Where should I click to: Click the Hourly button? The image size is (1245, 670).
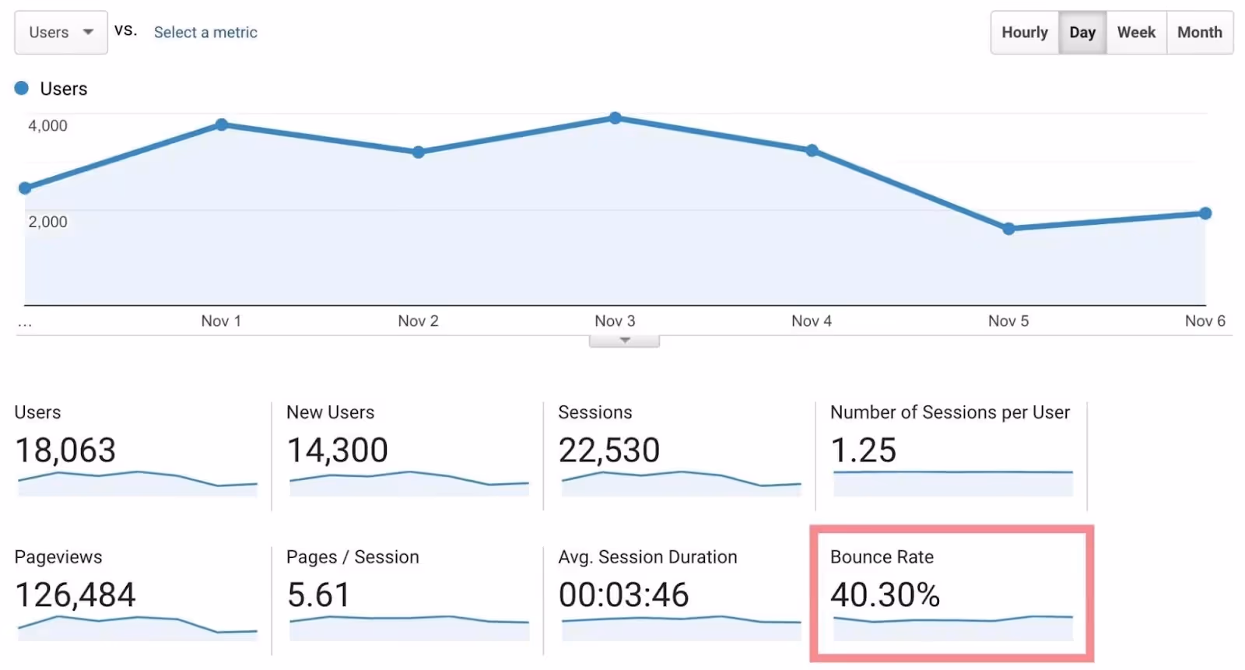1024,33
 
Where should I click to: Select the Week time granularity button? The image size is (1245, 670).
1136,33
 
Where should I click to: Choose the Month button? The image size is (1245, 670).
1199,33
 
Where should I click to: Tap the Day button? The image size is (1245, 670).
1082,33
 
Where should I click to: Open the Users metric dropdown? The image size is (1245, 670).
61,33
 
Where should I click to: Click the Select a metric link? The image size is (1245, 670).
205,33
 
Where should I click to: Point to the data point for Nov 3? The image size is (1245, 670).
615,118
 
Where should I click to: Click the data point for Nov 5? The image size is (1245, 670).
1008,229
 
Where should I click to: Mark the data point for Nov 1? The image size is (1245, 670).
222,125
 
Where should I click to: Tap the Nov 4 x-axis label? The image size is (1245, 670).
812,321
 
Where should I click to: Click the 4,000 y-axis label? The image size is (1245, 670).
47,125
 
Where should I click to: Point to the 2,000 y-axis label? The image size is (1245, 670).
47,222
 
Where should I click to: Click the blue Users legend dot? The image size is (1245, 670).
22,88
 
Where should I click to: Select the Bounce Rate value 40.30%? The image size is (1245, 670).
885,595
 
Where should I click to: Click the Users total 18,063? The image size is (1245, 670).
65,451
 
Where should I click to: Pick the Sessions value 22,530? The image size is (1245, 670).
608,451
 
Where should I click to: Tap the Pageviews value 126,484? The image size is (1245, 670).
75,595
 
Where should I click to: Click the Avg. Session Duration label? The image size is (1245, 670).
647,557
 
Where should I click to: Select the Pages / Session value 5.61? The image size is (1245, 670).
318,595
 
